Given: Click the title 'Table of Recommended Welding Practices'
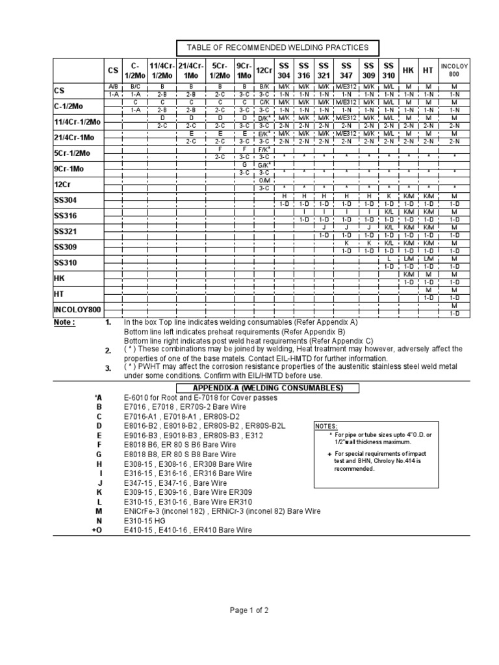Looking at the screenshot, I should [x=277, y=47].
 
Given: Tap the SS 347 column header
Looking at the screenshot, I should [x=346, y=69].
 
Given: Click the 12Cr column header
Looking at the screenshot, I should [x=264, y=70].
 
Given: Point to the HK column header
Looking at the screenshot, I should [x=408, y=70].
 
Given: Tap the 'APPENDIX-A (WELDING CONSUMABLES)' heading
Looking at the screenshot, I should [x=277, y=388].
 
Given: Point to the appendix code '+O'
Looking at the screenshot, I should [x=97, y=530].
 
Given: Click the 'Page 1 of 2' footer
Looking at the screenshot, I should [x=249, y=611].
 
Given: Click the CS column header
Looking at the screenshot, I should [x=113, y=69].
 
